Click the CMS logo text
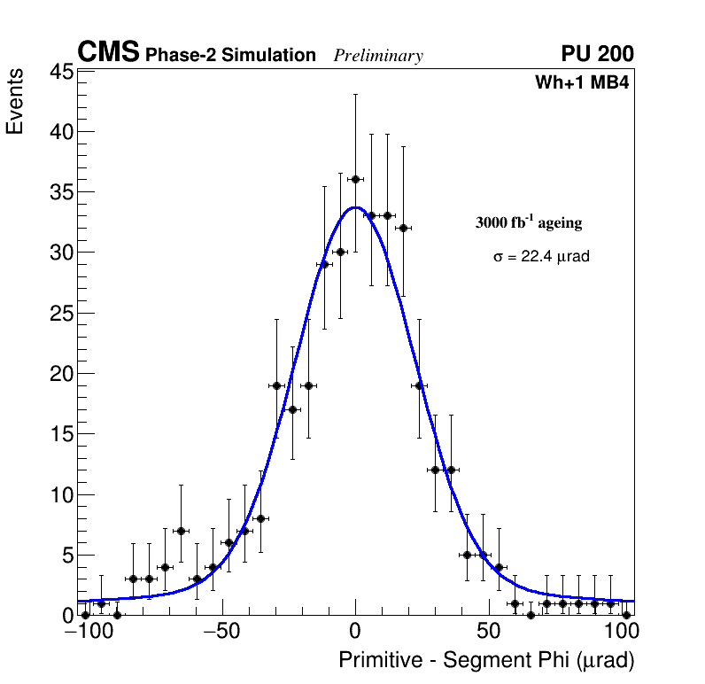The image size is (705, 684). [x=108, y=53]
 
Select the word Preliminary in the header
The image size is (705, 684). [x=378, y=56]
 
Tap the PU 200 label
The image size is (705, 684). [x=597, y=54]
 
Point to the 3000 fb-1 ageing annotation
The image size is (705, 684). [x=529, y=222]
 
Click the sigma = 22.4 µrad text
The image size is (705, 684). [x=541, y=257]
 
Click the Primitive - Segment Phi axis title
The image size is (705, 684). [x=486, y=661]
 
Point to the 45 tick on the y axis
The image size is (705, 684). [x=60, y=72]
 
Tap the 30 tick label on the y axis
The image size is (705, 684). [x=60, y=253]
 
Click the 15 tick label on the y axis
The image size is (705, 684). [x=60, y=434]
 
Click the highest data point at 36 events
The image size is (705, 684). [x=355, y=179]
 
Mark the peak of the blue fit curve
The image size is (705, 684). [x=355, y=207]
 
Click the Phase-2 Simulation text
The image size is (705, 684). [x=230, y=56]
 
